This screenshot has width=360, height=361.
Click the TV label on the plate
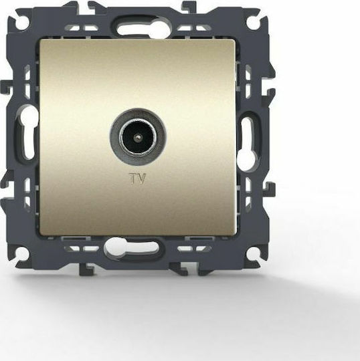(x=138, y=179)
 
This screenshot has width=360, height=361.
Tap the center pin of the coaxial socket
(x=138, y=137)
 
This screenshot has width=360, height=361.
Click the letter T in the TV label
(x=133, y=179)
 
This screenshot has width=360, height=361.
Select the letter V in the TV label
(x=142, y=179)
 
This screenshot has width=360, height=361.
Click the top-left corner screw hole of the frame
(x=23, y=23)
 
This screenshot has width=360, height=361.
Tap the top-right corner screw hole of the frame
(x=253, y=22)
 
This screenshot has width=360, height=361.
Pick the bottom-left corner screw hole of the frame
(x=22, y=253)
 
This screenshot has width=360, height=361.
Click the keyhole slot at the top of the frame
(x=139, y=29)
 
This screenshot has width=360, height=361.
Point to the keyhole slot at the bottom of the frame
(x=131, y=247)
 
